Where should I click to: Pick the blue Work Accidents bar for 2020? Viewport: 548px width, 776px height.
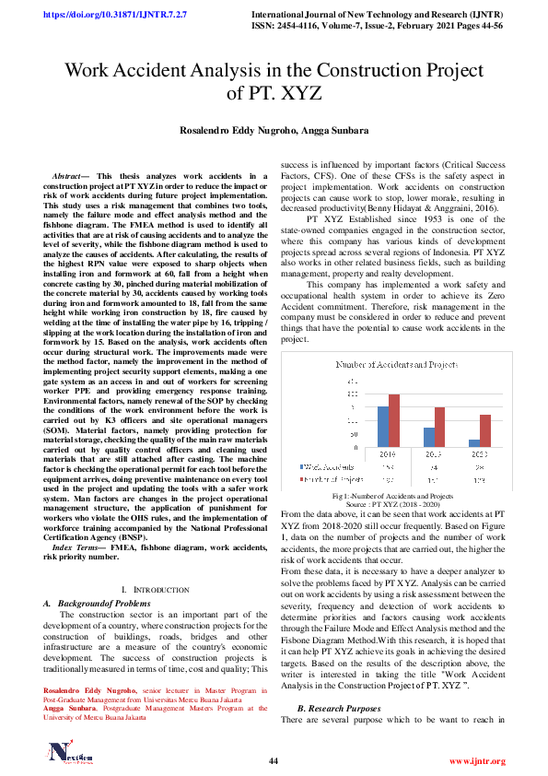pyautogui.click(x=473, y=443)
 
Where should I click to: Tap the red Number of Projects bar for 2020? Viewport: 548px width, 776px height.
pyautogui.click(x=485, y=430)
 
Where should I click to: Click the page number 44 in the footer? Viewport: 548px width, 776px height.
pyautogui.click(x=274, y=759)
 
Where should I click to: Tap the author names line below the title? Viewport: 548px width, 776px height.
pyautogui.click(x=274, y=131)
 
